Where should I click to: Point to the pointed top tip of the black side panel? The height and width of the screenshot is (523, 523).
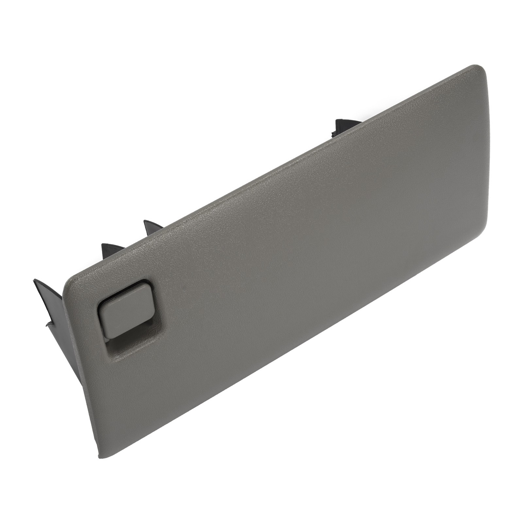tap(34, 280)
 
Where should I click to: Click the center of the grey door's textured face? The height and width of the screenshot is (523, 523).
tap(288, 261)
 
